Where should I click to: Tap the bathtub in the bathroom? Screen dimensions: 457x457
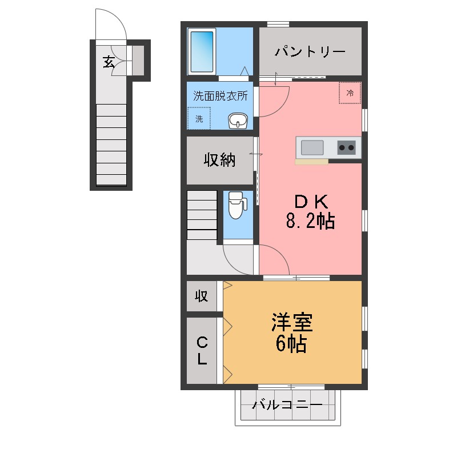tap(201, 52)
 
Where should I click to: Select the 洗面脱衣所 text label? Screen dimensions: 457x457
tap(220, 96)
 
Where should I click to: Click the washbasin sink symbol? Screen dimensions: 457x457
tap(238, 121)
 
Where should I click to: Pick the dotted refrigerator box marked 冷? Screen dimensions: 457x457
tap(350, 93)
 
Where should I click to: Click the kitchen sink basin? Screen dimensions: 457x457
tap(312, 147)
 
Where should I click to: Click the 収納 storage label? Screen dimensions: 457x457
tap(220, 161)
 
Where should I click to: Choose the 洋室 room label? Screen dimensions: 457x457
tap(292, 323)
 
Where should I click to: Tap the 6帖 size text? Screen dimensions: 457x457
tap(292, 344)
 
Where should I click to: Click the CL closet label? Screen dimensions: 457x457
tap(202, 351)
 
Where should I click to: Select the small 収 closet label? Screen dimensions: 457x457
tap(201, 296)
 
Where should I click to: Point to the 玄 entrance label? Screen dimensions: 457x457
tap(108, 61)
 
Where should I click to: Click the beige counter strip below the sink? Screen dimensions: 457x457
tap(311, 162)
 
